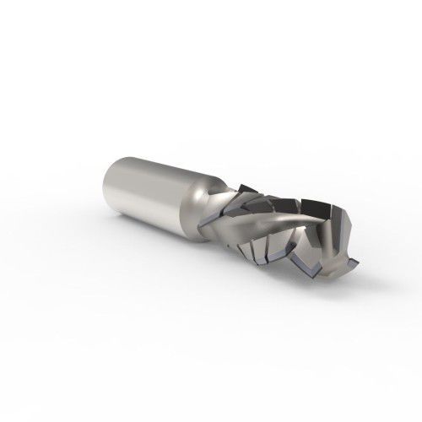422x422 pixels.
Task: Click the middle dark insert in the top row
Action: (x=283, y=201)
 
